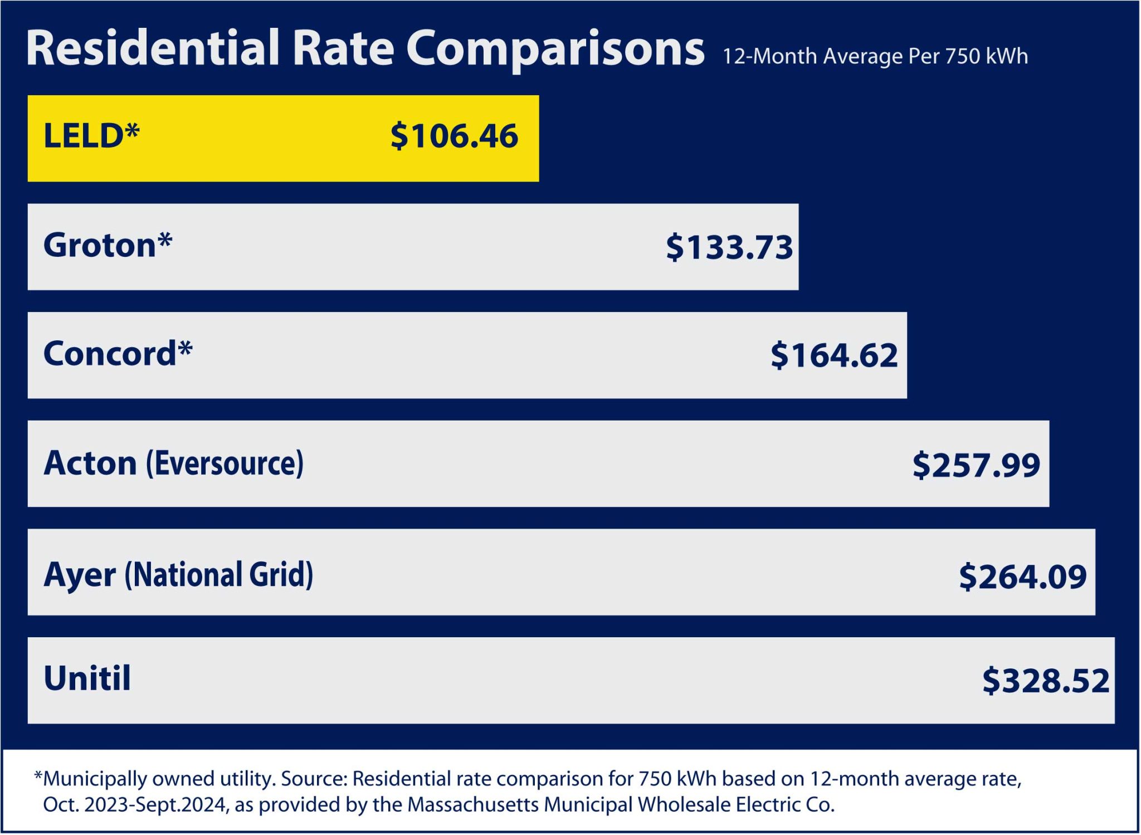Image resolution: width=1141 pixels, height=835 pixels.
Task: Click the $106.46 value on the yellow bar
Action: (454, 136)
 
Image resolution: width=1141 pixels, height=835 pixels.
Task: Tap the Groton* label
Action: (108, 245)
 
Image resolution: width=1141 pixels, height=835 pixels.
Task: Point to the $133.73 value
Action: (729, 247)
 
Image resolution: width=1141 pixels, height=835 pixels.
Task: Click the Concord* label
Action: (118, 354)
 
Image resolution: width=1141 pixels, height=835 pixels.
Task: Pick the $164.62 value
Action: (834, 355)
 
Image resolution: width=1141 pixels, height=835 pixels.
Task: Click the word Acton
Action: (90, 463)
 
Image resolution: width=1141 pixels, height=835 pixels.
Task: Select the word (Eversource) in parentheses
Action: (225, 463)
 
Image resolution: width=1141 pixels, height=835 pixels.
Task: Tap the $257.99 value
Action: (976, 465)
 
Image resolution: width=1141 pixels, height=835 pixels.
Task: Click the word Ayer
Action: (80, 575)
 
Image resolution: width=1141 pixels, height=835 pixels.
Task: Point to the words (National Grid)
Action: (218, 574)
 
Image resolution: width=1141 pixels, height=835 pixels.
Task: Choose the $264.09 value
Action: (1022, 577)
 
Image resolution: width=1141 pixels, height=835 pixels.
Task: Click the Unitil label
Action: (87, 678)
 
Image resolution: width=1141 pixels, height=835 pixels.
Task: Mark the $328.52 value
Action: (1046, 681)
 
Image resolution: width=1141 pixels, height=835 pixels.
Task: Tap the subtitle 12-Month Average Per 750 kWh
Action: (875, 56)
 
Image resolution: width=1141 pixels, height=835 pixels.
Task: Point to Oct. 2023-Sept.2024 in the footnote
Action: (135, 805)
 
